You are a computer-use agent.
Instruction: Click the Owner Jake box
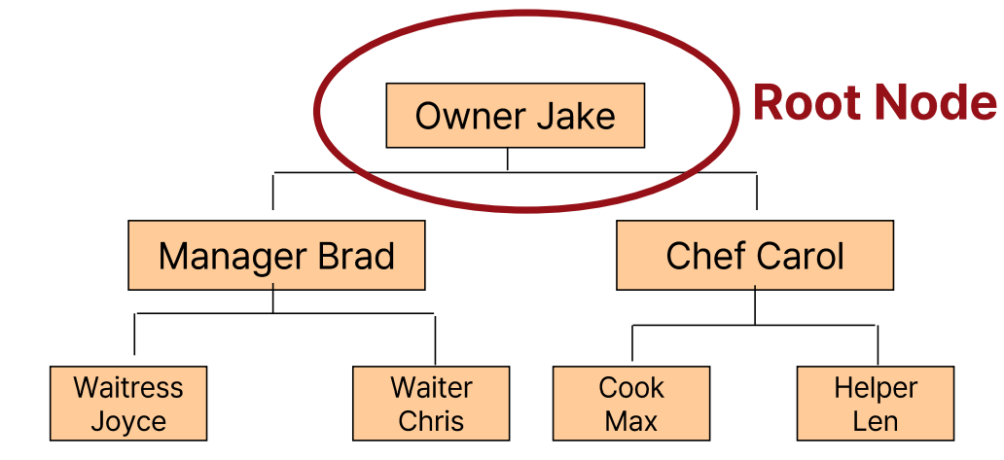515,116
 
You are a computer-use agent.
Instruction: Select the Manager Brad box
276,256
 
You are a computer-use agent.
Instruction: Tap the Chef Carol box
755,256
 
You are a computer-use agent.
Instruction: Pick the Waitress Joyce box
128,404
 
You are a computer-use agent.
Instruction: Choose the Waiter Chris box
431,404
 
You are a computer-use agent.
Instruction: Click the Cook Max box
631,404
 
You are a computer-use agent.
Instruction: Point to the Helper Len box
876,404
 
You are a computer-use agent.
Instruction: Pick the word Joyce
128,422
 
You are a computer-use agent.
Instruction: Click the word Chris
431,422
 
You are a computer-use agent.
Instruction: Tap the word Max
631,422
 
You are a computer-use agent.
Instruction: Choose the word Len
876,422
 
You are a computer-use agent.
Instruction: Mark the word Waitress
128,387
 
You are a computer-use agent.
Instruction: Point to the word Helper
876,387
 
